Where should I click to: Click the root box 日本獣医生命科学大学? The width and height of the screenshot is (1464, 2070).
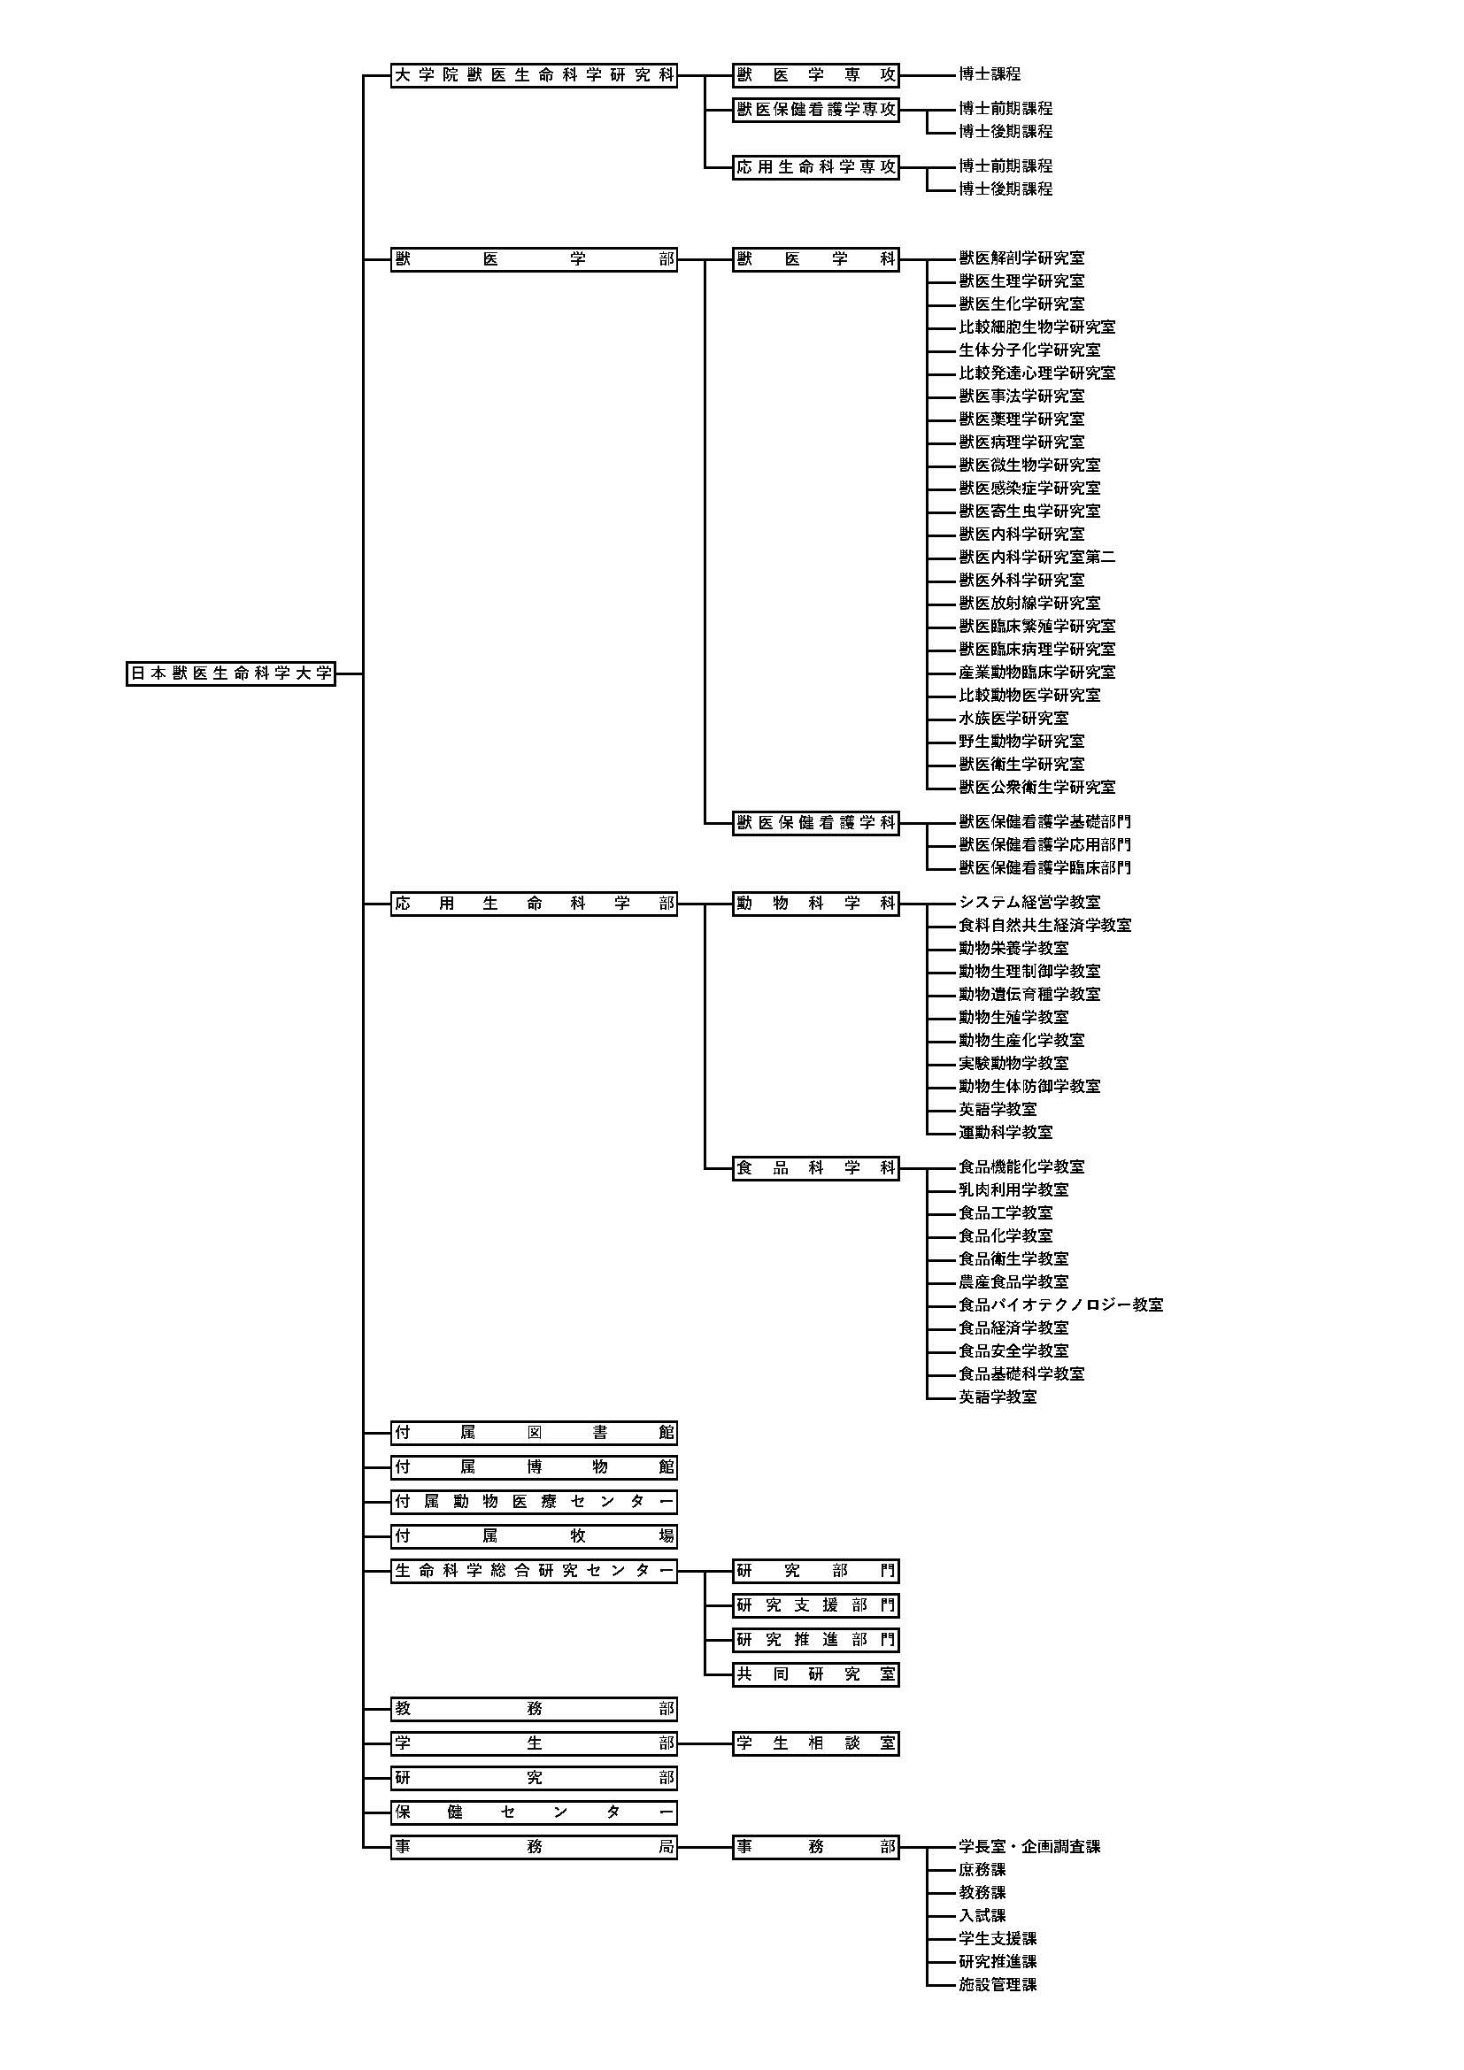(231, 673)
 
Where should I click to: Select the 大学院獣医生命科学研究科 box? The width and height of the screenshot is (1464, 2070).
(534, 76)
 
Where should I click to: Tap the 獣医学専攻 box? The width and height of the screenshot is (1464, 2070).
(816, 76)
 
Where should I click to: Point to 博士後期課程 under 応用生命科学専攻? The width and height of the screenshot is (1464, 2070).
(1006, 189)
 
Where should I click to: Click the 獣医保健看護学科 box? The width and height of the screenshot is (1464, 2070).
(816, 822)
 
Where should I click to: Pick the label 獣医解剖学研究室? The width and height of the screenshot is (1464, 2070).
(1021, 258)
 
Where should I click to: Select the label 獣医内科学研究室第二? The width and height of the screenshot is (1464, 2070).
(1036, 558)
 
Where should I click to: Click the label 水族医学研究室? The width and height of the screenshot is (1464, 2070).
(1013, 719)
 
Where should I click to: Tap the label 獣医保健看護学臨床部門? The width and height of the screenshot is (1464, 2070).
(1044, 868)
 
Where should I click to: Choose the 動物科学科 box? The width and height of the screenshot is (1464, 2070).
(816, 904)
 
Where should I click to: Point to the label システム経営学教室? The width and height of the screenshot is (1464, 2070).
(1029, 903)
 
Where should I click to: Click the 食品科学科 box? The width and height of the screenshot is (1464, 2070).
(816, 1168)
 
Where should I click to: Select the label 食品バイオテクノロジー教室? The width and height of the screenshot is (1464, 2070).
(1060, 1305)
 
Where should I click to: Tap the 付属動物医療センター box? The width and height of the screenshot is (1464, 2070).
(534, 1502)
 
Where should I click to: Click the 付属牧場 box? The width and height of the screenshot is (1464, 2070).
(534, 1536)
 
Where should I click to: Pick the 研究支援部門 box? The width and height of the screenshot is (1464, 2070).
(816, 1605)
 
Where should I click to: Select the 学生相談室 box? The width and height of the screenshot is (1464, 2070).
(816, 1743)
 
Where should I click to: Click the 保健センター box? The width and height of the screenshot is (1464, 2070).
(534, 1813)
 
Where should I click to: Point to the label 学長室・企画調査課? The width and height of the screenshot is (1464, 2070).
(1029, 1847)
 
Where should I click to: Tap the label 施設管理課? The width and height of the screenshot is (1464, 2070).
(997, 1985)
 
